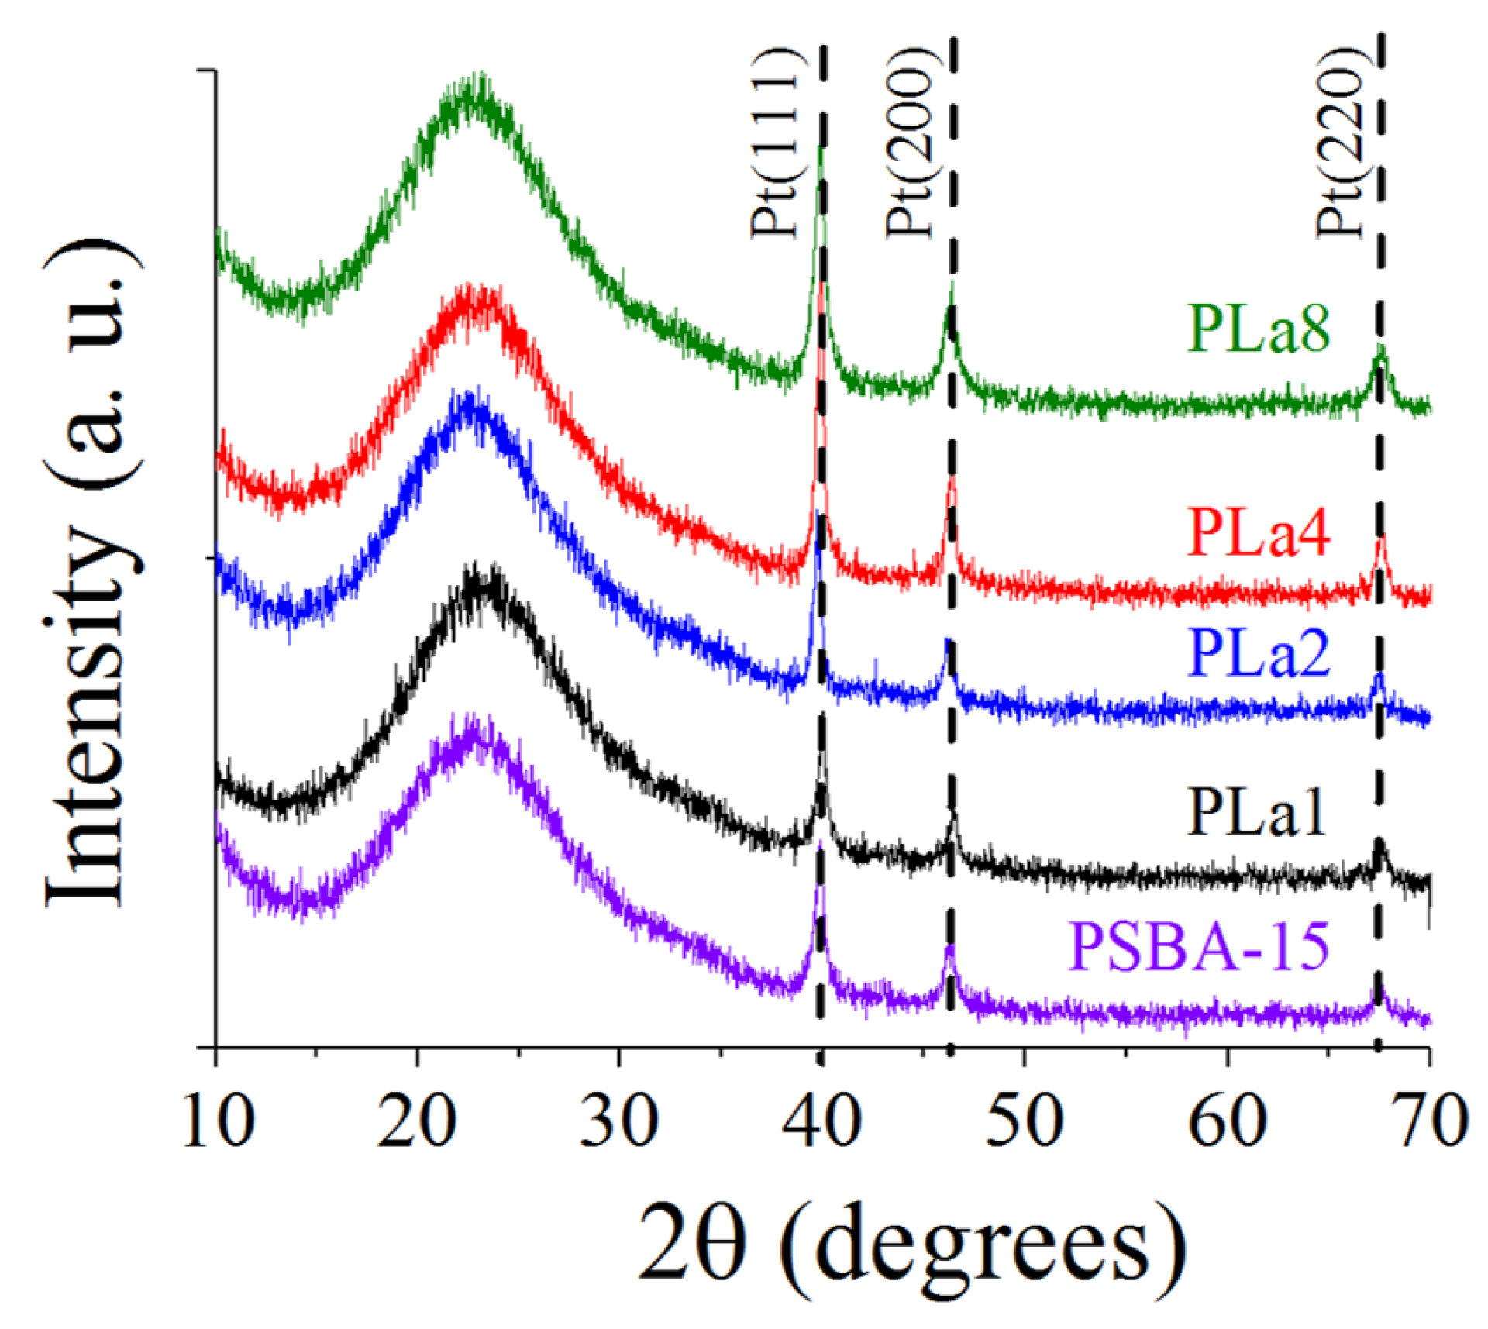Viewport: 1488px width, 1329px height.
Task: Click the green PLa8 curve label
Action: click(x=1258, y=329)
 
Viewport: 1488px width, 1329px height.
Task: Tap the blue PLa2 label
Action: click(x=1258, y=653)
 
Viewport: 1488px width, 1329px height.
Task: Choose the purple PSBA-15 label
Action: click(x=1199, y=946)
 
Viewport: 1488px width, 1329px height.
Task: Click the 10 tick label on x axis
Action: click(x=218, y=1121)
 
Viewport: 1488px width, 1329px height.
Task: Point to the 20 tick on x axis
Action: click(x=416, y=1121)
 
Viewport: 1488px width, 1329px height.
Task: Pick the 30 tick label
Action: click(x=618, y=1121)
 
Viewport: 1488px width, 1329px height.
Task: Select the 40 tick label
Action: click(x=821, y=1121)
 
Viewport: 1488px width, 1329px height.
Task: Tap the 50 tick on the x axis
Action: click(x=1024, y=1121)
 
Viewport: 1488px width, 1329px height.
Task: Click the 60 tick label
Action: click(x=1227, y=1121)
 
